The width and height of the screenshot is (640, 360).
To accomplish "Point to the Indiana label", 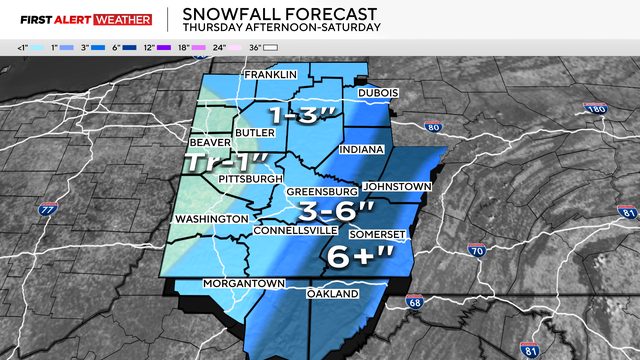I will click(367, 150).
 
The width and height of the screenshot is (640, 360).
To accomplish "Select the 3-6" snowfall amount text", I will click(339, 211).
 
